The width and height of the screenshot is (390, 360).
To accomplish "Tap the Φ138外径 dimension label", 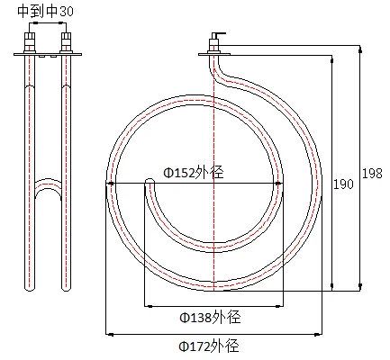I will click(x=209, y=317).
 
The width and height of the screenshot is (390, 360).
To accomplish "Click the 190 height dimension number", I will click(x=343, y=184).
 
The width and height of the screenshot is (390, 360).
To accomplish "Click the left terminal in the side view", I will click(x=30, y=41).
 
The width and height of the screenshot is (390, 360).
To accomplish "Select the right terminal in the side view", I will click(x=66, y=41).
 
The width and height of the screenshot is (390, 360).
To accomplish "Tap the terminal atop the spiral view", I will click(x=213, y=42).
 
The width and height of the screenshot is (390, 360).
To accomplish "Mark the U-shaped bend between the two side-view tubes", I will click(x=48, y=187).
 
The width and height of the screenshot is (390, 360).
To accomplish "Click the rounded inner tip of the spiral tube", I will click(x=150, y=184).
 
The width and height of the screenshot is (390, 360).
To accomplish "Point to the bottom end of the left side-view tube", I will click(x=30, y=286).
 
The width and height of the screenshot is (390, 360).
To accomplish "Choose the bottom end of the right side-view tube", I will click(x=66, y=286).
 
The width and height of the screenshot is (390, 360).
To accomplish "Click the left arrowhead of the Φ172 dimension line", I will click(x=109, y=334).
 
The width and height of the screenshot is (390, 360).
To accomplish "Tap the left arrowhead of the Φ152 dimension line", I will click(x=111, y=183).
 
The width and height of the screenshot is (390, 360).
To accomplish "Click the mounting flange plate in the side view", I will click(x=48, y=55).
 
